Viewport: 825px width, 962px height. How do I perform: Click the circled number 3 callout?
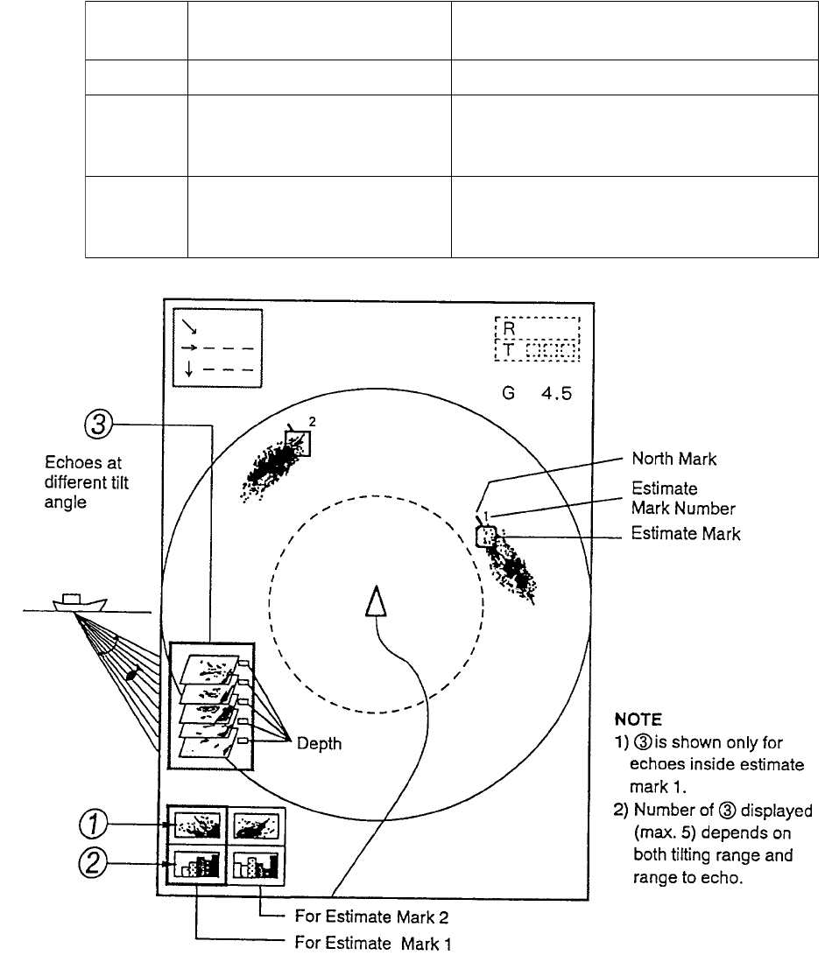coord(97,426)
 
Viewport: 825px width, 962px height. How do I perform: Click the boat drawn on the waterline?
coord(79,602)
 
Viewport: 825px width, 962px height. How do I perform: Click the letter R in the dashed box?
coord(510,329)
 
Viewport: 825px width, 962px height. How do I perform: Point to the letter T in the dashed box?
coord(510,350)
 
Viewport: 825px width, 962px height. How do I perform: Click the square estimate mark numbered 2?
coord(298,443)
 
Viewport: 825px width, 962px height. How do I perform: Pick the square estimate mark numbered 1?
coord(486,537)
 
